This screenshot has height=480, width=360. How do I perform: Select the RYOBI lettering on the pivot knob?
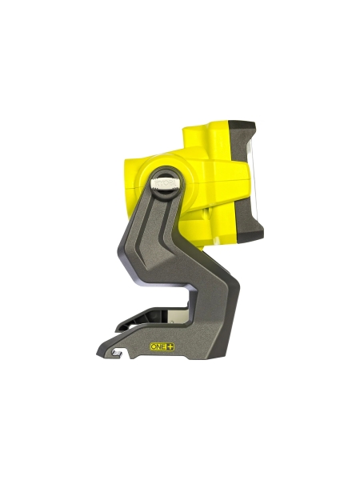point(166,182)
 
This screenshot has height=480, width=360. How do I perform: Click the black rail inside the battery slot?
point(144,322)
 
